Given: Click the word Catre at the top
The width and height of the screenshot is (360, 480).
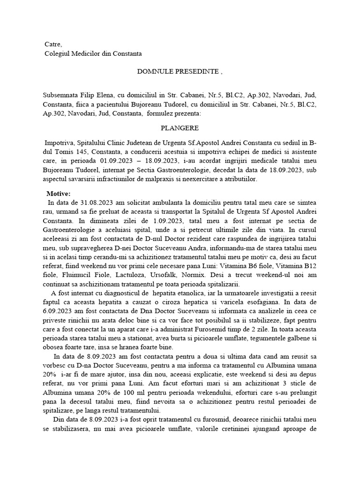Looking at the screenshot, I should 52,44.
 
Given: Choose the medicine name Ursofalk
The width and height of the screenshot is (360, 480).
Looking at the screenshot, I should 177,275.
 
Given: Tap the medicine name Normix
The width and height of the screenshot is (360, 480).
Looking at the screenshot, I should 210,275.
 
